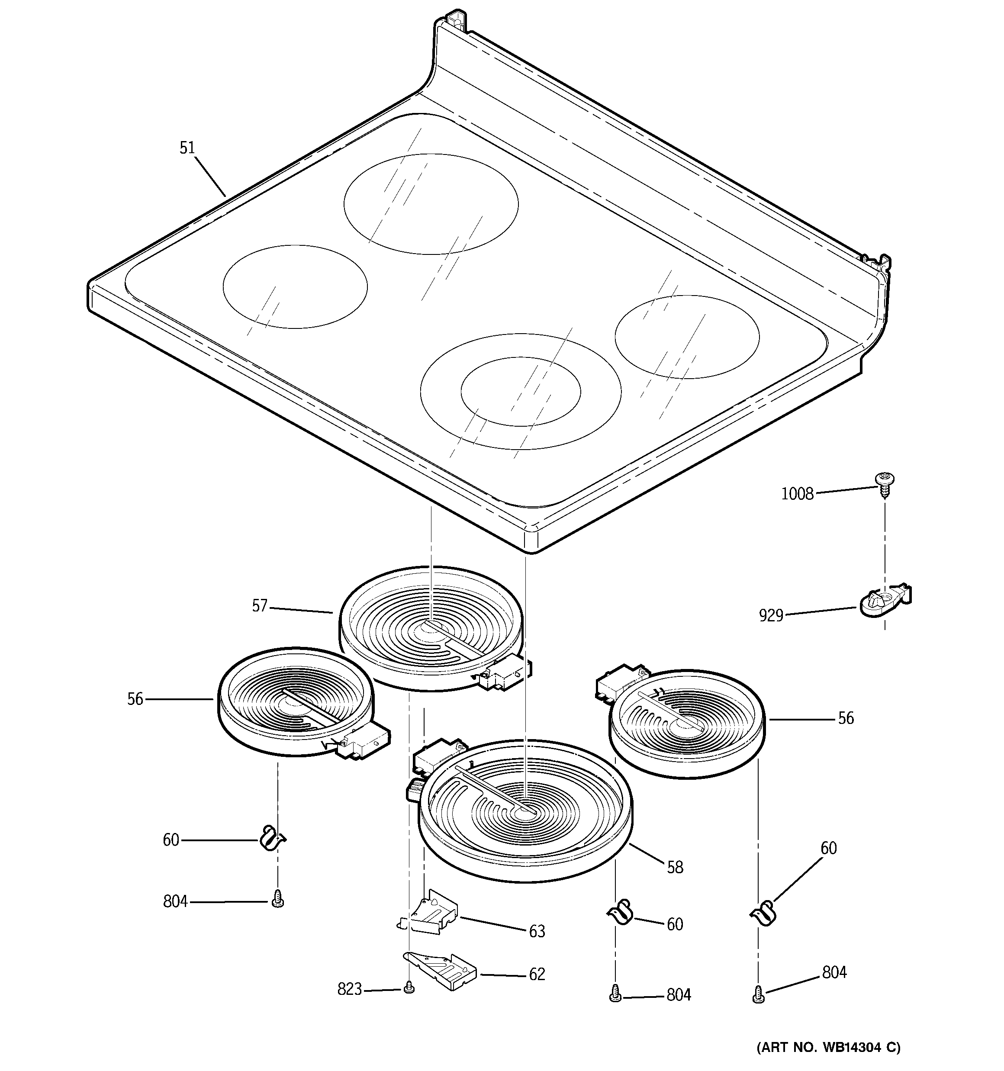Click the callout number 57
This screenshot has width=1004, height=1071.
click(x=259, y=606)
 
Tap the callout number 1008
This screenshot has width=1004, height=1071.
click(x=797, y=493)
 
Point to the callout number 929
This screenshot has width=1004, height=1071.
click(x=771, y=615)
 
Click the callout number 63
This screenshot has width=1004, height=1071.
click(x=537, y=931)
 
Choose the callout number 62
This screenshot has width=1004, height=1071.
click(x=537, y=974)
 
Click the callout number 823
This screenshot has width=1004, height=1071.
click(x=349, y=989)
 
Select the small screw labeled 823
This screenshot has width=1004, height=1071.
click(x=409, y=987)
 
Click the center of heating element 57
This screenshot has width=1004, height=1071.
click(x=431, y=627)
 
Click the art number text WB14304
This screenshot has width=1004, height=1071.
click(x=852, y=1047)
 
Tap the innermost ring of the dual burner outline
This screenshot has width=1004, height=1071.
click(x=521, y=391)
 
